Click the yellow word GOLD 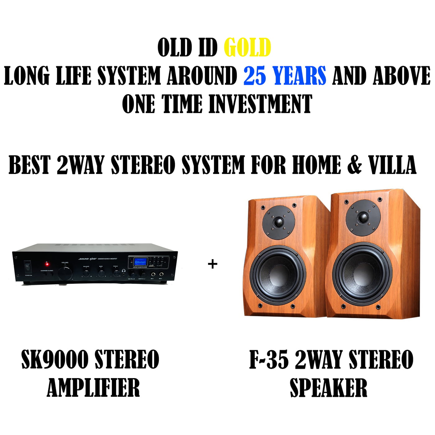(x=247, y=48)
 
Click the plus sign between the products (x=213, y=264)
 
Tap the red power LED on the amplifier (x=47, y=264)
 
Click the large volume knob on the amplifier (x=65, y=273)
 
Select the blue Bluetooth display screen (x=140, y=262)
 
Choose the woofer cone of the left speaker (x=277, y=275)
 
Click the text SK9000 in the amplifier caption (x=55, y=359)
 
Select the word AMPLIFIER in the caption (x=93, y=387)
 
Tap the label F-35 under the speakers (x=269, y=359)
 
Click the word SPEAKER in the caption (x=328, y=387)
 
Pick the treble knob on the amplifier (x=116, y=273)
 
